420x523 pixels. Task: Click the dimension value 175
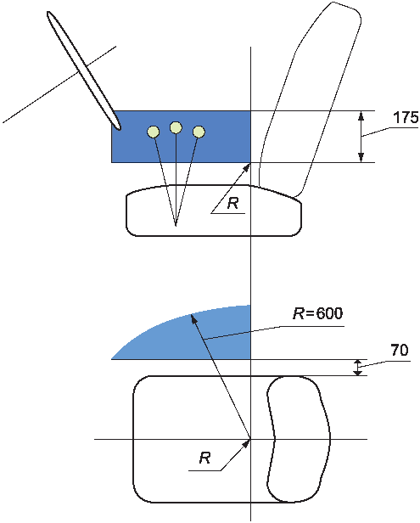click(x=406, y=118)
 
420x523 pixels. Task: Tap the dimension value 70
click(x=399, y=351)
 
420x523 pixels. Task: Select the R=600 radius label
click(x=317, y=313)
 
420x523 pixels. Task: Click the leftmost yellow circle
click(x=153, y=132)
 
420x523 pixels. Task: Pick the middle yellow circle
click(x=176, y=127)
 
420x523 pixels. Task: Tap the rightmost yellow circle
click(x=199, y=132)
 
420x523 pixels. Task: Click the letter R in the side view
click(x=233, y=203)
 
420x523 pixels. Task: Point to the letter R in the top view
click(x=204, y=458)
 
